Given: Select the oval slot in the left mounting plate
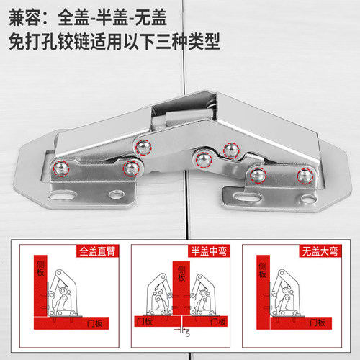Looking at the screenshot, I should (x=61, y=194).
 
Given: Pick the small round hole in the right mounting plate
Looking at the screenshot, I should (x=302, y=194).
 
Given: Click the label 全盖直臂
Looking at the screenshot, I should (x=99, y=251).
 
